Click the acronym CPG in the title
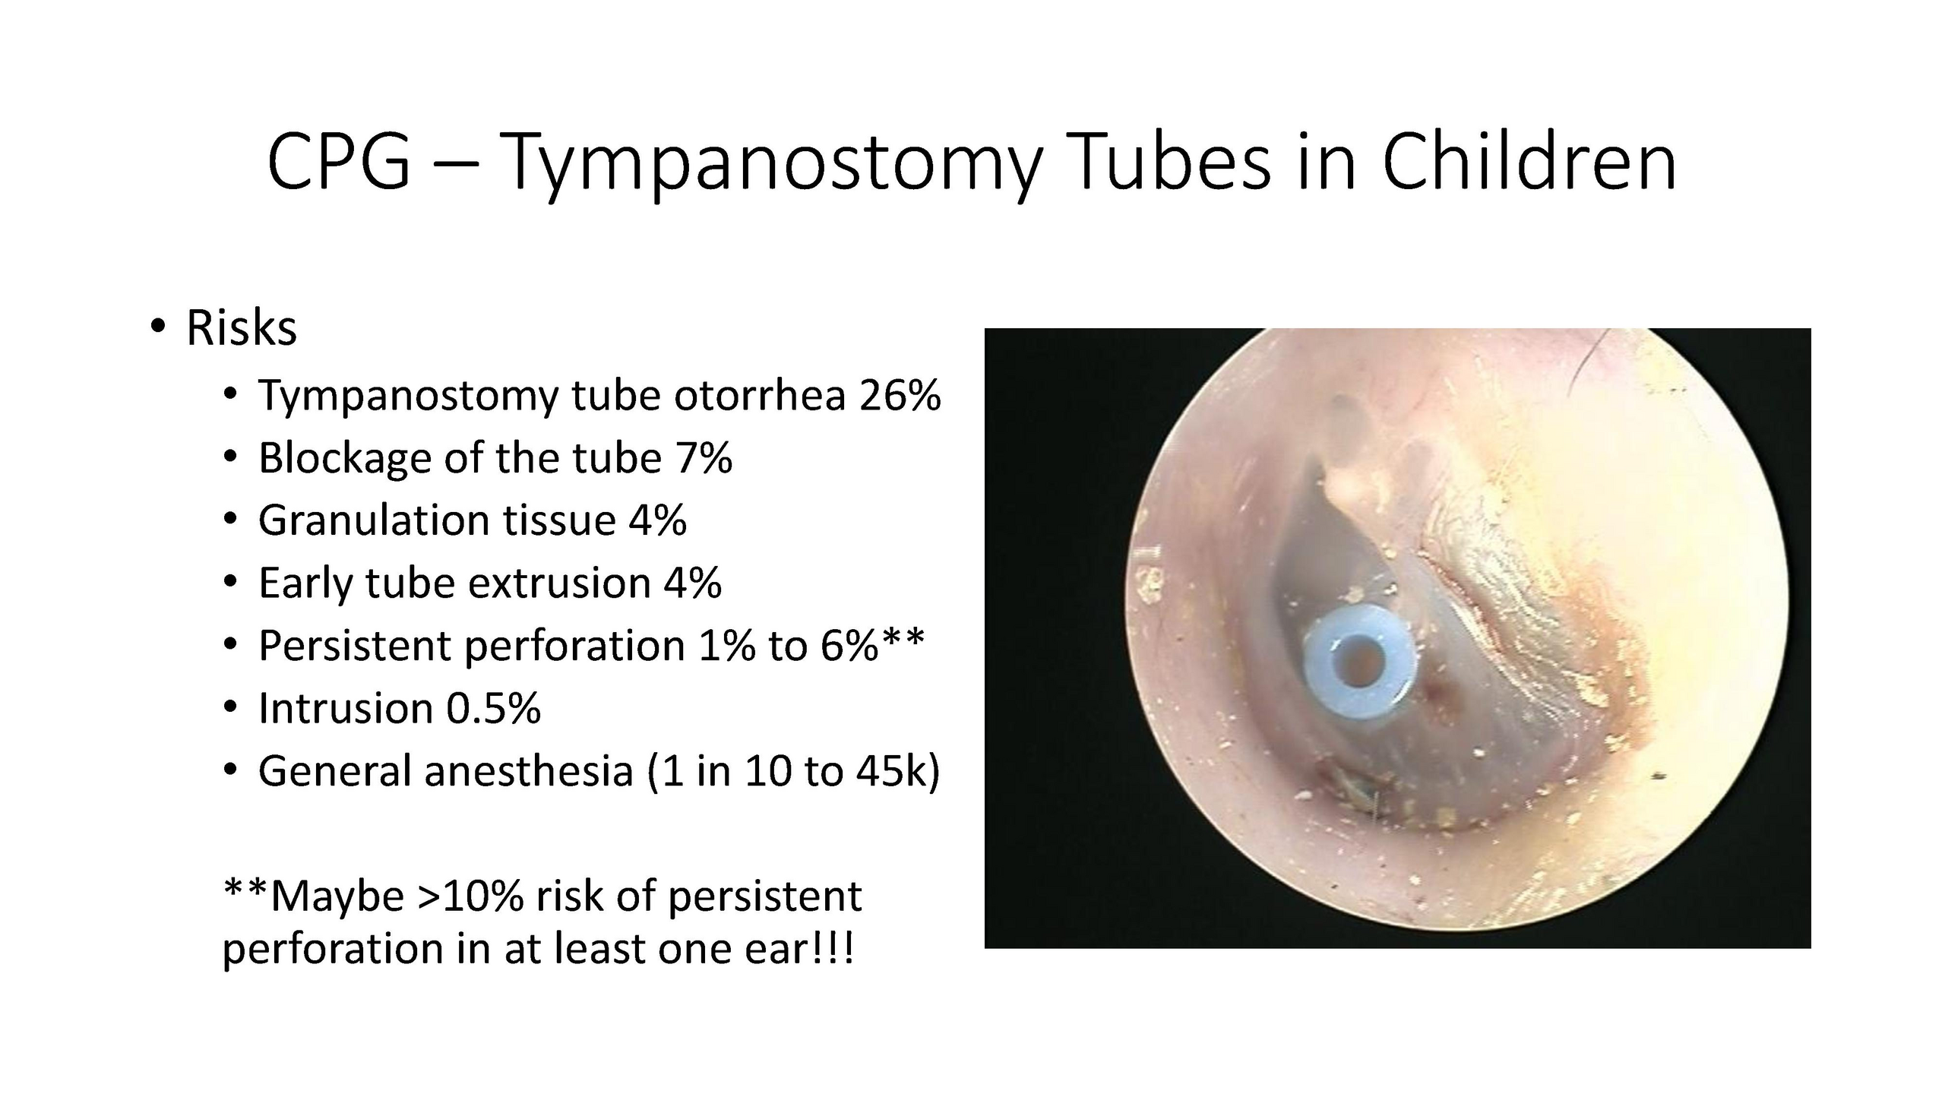point(339,162)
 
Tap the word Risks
point(242,328)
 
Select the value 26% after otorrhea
point(900,395)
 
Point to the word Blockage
point(345,459)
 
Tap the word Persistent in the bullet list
point(355,646)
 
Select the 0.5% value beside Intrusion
point(493,708)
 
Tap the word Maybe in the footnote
point(337,896)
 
